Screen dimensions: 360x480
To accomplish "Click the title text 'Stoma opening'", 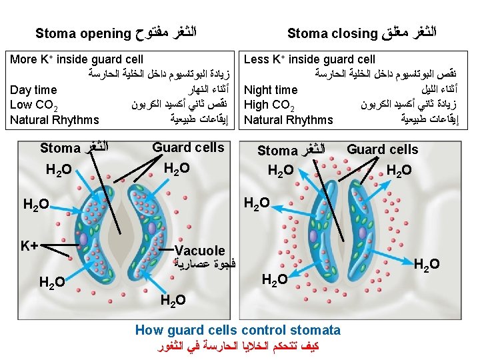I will click(x=83, y=33).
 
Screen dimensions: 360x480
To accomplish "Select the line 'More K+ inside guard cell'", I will click(x=77, y=60).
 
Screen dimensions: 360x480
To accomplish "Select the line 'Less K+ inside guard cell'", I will click(x=309, y=60).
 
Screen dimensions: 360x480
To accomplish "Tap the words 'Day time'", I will click(x=34, y=90).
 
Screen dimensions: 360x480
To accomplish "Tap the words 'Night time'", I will click(x=271, y=90).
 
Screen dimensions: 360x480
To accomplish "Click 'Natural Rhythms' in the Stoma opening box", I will click(x=55, y=121).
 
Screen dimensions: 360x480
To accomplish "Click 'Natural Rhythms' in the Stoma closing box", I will click(x=289, y=121).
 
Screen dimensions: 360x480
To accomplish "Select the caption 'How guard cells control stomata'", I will click(x=238, y=330).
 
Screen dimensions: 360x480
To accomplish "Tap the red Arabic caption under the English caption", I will click(x=238, y=346).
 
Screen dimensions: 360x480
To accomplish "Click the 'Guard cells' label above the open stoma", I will click(x=189, y=147).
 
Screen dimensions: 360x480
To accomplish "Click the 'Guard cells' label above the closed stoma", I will click(x=382, y=149).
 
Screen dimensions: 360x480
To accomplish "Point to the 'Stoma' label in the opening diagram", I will click(x=59, y=148).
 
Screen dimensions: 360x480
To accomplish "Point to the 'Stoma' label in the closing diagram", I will click(x=277, y=151).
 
